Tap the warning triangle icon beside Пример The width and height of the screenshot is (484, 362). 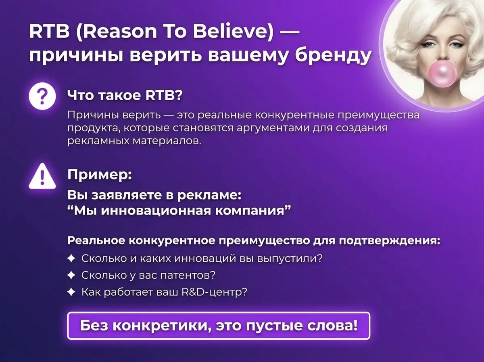[x=42, y=176]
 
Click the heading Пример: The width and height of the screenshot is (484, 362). [x=99, y=175]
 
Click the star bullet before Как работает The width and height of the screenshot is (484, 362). [x=71, y=292]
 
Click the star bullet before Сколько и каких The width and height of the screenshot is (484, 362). [x=71, y=259]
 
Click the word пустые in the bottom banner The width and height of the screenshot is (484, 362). [x=275, y=325]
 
